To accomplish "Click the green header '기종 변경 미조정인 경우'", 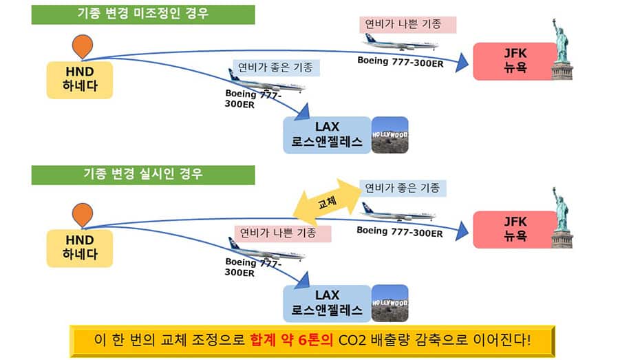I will tap(143, 14).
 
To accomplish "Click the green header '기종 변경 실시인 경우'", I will tap(143, 174).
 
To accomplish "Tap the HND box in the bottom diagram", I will tap(80, 248).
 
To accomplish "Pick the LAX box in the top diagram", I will tap(327, 135).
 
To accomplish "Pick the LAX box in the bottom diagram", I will tap(327, 304).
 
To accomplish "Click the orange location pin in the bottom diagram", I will tap(83, 215).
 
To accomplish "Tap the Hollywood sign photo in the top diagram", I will tap(390, 135).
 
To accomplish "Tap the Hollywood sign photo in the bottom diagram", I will tap(390, 304).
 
